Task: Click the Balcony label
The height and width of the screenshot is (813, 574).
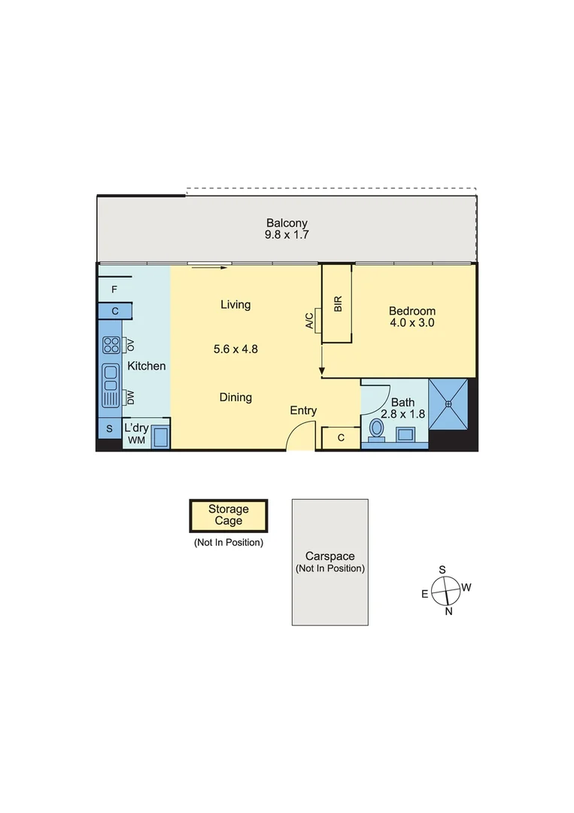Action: click(x=287, y=223)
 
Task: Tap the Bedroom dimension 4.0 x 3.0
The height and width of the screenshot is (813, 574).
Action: click(x=412, y=322)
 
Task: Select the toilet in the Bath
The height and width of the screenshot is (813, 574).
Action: click(x=377, y=430)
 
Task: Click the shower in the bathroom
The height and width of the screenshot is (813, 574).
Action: click(x=448, y=404)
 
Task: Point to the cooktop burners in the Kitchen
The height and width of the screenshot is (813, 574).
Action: click(x=111, y=345)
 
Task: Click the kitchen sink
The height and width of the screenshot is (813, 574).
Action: click(x=111, y=378)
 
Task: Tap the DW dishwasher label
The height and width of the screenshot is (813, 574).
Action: click(x=131, y=397)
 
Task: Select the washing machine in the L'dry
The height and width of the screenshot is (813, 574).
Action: click(x=160, y=437)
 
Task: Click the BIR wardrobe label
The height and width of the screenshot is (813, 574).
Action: click(x=338, y=304)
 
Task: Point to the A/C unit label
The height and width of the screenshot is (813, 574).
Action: click(x=309, y=321)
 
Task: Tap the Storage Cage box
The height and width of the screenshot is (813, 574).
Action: click(x=229, y=516)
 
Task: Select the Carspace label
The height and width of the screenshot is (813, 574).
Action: click(x=330, y=556)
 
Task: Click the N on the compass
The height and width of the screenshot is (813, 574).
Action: click(x=448, y=611)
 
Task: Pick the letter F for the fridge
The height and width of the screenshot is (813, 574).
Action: click(x=114, y=289)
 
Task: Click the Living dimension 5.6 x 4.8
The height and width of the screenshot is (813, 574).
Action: click(x=235, y=349)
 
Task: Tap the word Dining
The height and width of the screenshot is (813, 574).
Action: click(x=235, y=397)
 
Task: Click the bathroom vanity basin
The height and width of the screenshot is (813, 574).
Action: click(x=405, y=434)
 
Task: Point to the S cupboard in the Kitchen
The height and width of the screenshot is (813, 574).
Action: click(x=109, y=428)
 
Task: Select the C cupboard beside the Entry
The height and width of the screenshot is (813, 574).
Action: click(x=341, y=438)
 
